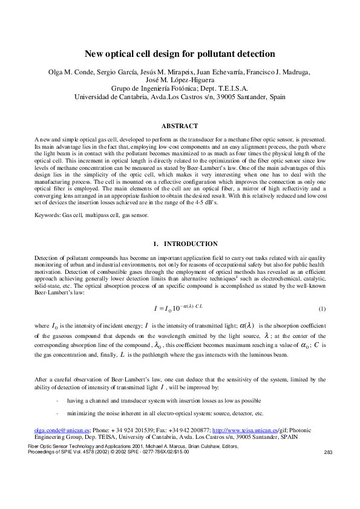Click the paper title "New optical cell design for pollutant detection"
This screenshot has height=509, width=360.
pos(180,53)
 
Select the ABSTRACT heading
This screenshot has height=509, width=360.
pos(180,126)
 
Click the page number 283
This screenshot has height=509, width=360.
pos(329,452)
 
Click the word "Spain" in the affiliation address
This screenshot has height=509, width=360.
pos(277,96)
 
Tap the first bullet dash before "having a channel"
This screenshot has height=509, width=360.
pos(57,400)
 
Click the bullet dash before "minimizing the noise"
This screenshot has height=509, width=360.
pos(57,413)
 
